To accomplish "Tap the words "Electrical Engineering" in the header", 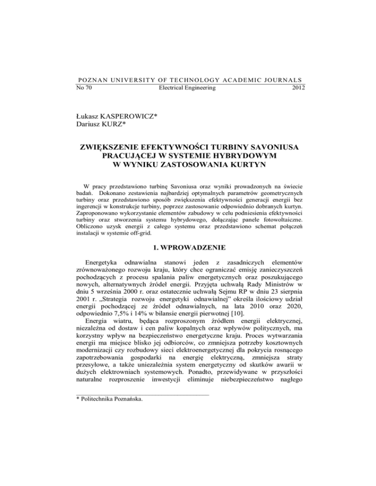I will (188, 88).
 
